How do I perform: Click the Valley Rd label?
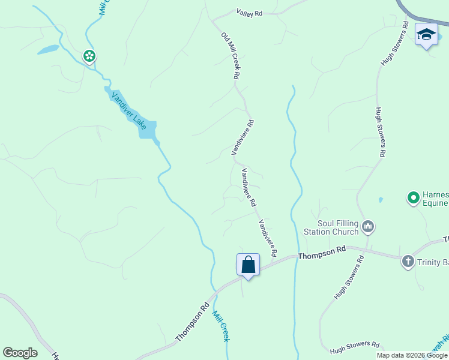pyautogui.click(x=250, y=12)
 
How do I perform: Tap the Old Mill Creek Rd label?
pyautogui.click(x=231, y=56)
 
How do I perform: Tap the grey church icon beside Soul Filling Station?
pyautogui.click(x=368, y=227)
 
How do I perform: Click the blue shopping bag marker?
pyautogui.click(x=248, y=265)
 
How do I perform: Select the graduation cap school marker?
pyautogui.click(x=426, y=35)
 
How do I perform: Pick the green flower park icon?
pyautogui.click(x=89, y=56)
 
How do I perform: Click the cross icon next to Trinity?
pyautogui.click(x=408, y=261)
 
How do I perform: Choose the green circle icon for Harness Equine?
pyautogui.click(x=413, y=197)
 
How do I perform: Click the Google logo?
pyautogui.click(x=20, y=353)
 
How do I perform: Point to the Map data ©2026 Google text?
pyautogui.click(x=411, y=355)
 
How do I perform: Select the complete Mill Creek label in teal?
pyautogui.click(x=220, y=325)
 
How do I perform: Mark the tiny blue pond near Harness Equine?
pyautogui.click(x=381, y=199)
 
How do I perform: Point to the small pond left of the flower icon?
pyautogui.click(x=48, y=49)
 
